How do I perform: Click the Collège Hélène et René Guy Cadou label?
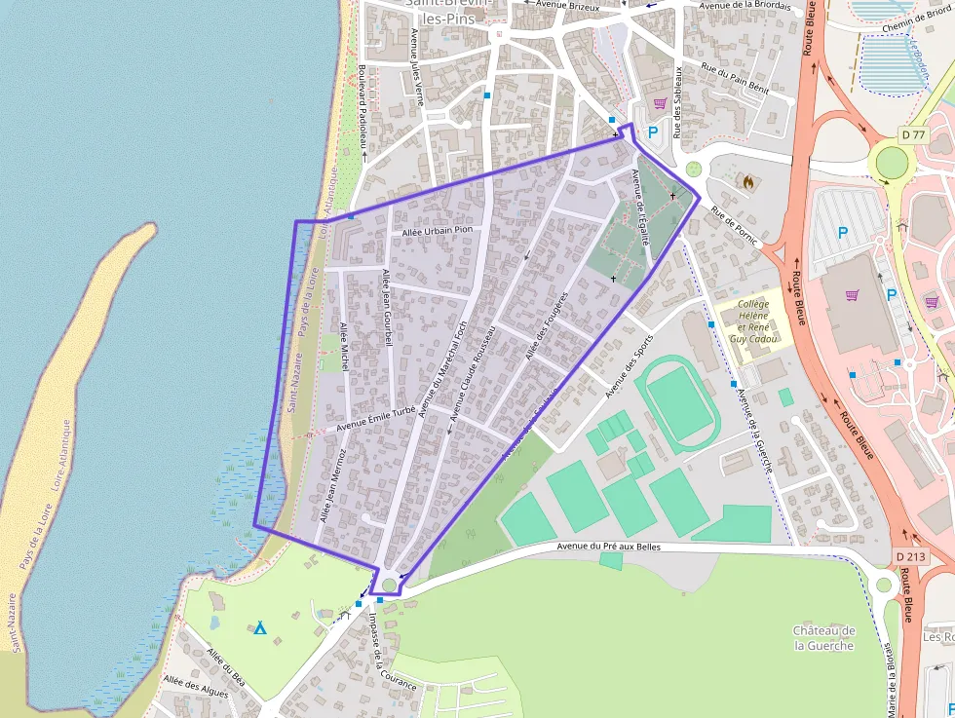point(753,322)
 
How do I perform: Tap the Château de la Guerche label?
point(823,638)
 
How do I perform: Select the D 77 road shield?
point(912,133)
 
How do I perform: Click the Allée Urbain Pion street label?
point(437,231)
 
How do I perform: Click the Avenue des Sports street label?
point(629,366)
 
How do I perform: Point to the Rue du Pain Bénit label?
point(736,80)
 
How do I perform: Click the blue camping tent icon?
point(260,627)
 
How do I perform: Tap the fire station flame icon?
point(747,181)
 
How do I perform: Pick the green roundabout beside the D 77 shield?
point(891,161)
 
